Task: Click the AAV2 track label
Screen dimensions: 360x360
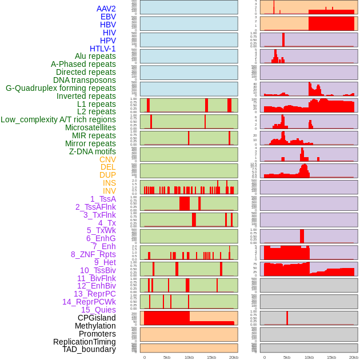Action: pyautogui.click(x=106, y=9)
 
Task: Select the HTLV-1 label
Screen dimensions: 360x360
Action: pyautogui.click(x=103, y=49)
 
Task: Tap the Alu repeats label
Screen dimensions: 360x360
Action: pyautogui.click(x=95, y=56)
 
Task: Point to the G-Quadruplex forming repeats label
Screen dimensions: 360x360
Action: pyautogui.click(x=61, y=88)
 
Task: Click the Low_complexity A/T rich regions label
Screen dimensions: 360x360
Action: pyautogui.click(x=58, y=119)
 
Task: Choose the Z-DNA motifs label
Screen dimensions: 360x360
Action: pyautogui.click(x=93, y=151)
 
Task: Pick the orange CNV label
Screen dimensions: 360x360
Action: pyautogui.click(x=107, y=159)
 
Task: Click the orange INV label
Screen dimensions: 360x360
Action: pyautogui.click(x=109, y=191)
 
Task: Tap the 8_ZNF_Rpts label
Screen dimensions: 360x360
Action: pyautogui.click(x=93, y=254)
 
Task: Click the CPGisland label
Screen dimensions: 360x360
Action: pyautogui.click(x=97, y=318)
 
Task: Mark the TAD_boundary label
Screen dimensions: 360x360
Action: pyautogui.click(x=89, y=349)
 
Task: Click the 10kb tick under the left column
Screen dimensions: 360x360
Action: pyautogui.click(x=189, y=357)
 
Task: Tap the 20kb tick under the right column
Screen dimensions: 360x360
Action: pyautogui.click(x=354, y=357)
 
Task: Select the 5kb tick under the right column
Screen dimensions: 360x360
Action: pyautogui.click(x=287, y=357)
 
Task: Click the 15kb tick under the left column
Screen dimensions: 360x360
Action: pyautogui.click(x=211, y=357)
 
